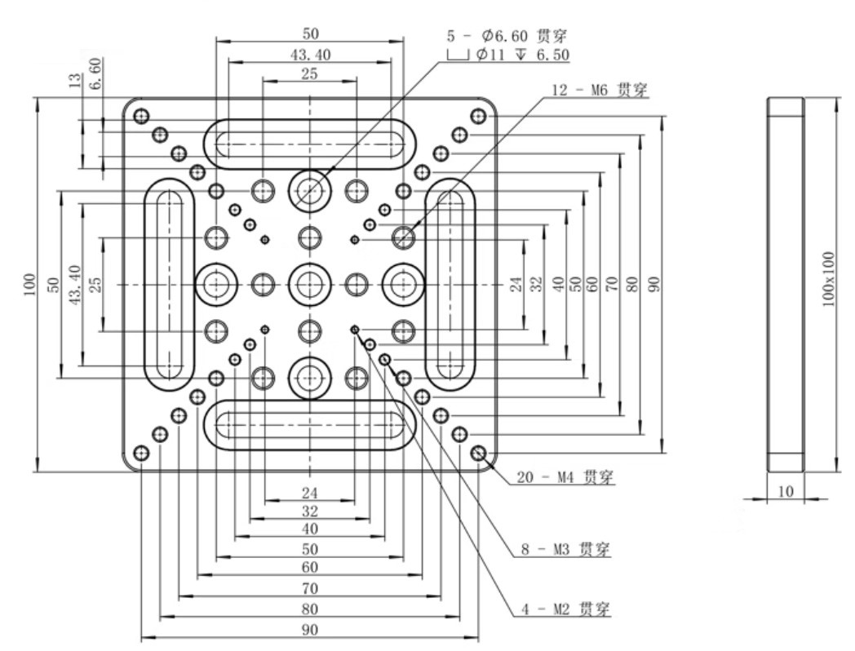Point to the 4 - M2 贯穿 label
[565, 609]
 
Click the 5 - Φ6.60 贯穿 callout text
[507, 37]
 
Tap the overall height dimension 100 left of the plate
[29, 284]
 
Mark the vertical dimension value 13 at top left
[77, 84]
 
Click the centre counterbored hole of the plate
[309, 284]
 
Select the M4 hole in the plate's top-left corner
[142, 115]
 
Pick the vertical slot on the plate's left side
[170, 284]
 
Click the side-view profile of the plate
[786, 284]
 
